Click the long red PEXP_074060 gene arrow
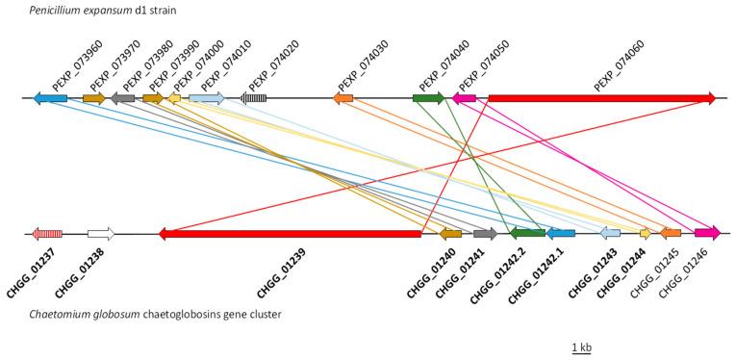[x=601, y=97]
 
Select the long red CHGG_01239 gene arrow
[x=290, y=233]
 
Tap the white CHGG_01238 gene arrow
[x=100, y=233]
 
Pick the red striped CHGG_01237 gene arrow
[x=47, y=233]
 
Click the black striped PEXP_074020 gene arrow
[x=254, y=98]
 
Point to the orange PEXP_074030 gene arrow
[x=343, y=98]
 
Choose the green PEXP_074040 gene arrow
[x=428, y=98]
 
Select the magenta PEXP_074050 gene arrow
[x=464, y=98]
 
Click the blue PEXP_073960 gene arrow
[x=50, y=98]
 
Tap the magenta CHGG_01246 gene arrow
[x=707, y=233]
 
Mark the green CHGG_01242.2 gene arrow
[x=527, y=233]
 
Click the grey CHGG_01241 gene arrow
[x=485, y=233]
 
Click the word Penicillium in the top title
[x=36, y=10]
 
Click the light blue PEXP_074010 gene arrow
[x=206, y=98]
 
